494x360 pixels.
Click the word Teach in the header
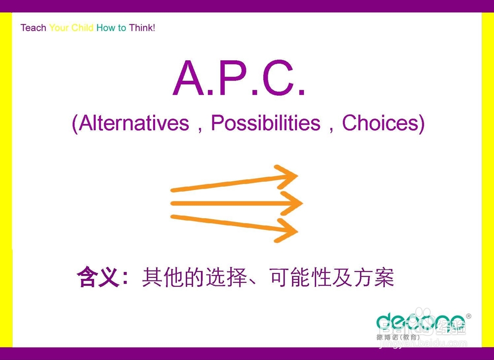(x=33, y=28)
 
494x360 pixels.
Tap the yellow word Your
(x=59, y=28)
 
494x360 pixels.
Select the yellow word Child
(x=82, y=28)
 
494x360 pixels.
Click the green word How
(x=106, y=28)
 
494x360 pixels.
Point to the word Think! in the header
(x=142, y=28)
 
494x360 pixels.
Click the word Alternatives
(x=134, y=123)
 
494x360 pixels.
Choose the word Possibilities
(x=266, y=123)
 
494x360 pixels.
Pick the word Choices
(x=380, y=123)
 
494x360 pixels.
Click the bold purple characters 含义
(x=97, y=278)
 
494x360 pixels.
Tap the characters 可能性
(x=301, y=278)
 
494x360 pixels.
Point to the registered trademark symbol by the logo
(x=468, y=316)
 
